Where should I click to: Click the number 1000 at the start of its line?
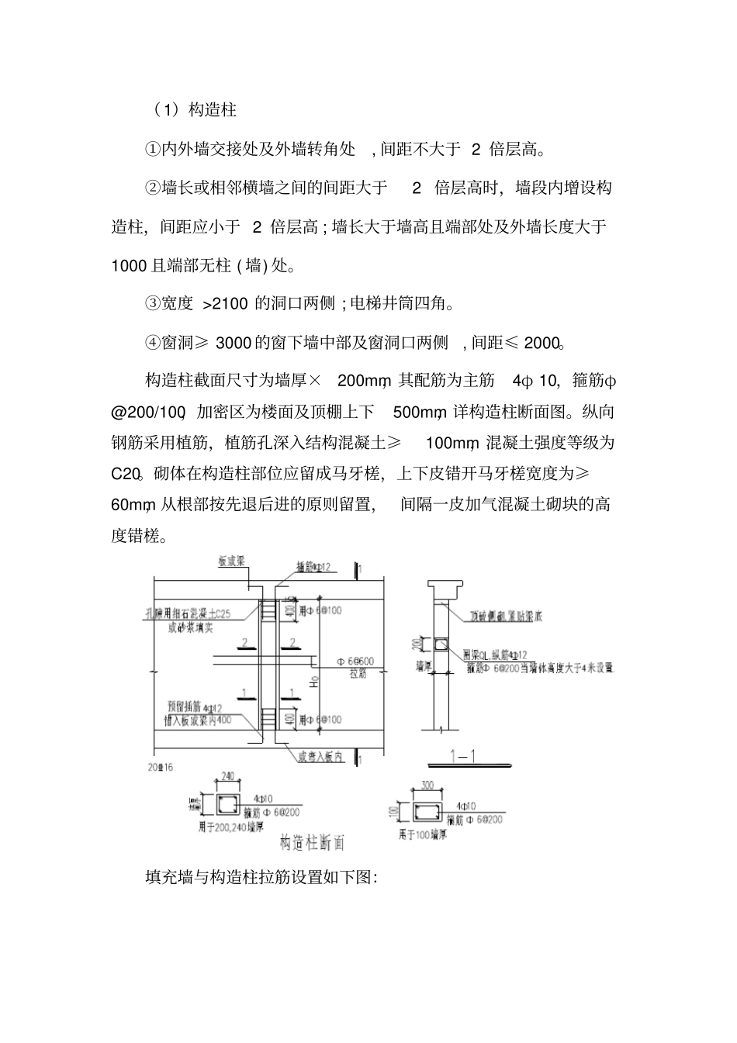128,266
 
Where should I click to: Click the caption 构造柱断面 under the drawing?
310,841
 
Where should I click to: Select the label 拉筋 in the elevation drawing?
358,674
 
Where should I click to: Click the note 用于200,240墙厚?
230,827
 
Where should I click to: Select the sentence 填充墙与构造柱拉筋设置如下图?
261,878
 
